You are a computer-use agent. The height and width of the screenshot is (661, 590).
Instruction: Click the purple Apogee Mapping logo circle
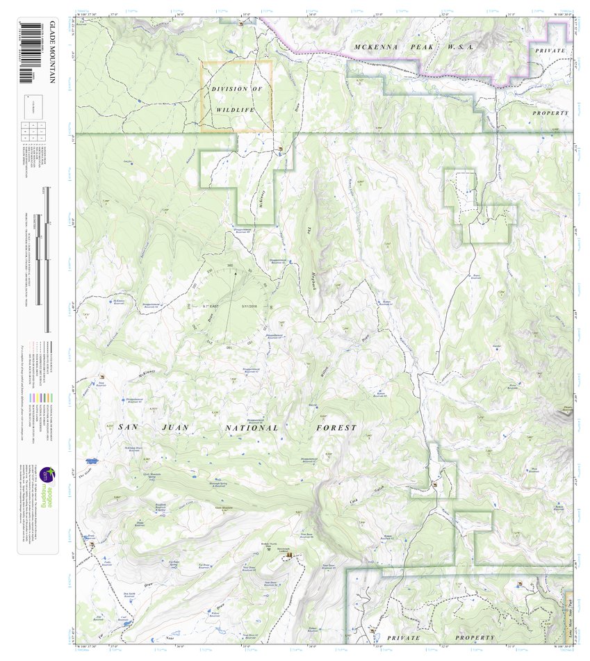click(x=46, y=474)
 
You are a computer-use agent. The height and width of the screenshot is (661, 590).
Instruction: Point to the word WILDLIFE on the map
click(x=236, y=110)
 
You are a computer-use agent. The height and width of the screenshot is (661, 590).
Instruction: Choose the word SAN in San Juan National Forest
click(x=130, y=427)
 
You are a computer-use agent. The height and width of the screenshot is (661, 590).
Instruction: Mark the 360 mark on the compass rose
click(x=230, y=266)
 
